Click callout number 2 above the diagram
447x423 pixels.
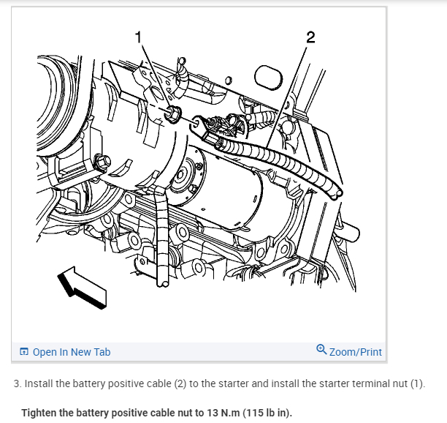(310, 37)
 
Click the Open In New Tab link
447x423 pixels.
(71, 352)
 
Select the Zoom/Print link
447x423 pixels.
(356, 352)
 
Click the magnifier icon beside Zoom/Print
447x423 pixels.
(321, 351)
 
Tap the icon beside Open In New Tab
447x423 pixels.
(25, 352)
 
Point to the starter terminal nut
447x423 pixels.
(174, 114)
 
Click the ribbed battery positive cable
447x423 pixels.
(278, 161)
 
